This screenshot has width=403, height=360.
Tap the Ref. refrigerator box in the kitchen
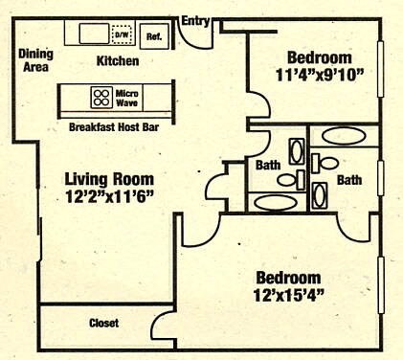pyautogui.click(x=152, y=35)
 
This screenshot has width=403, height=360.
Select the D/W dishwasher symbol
pyautogui.click(x=122, y=34)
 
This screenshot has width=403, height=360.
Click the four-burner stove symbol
pyautogui.click(x=101, y=98)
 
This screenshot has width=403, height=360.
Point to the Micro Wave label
pyautogui.click(x=128, y=98)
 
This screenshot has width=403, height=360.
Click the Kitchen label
pyautogui.click(x=118, y=61)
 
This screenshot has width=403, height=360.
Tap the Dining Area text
pyautogui.click(x=35, y=61)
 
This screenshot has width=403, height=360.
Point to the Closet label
pyautogui.click(x=103, y=324)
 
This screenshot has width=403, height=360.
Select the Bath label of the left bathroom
pyautogui.click(x=268, y=166)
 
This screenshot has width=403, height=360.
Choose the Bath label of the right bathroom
pyautogui.click(x=349, y=179)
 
